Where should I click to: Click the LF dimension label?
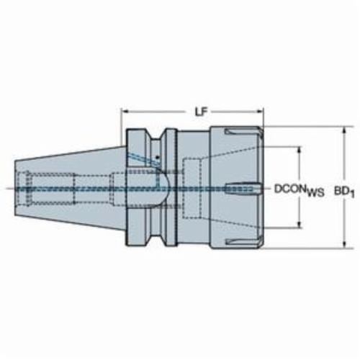point(201,112)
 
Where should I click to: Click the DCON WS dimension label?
point(300,191)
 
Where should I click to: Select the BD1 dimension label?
point(344,192)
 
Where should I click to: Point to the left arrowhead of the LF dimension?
point(125,112)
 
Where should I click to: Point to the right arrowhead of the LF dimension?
point(260,112)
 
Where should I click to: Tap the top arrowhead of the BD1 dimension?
point(344,131)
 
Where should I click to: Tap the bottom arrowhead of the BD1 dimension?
point(344,244)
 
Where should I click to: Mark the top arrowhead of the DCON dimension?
point(299,150)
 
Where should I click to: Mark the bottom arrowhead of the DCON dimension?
point(299,224)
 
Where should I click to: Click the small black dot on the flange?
point(157,158)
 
